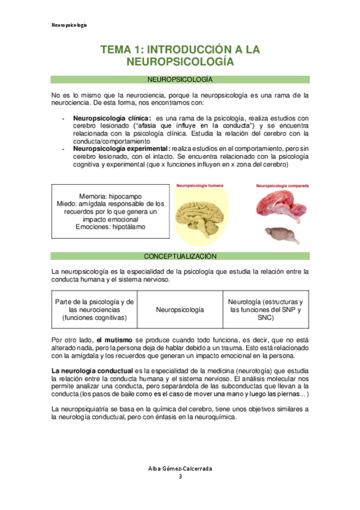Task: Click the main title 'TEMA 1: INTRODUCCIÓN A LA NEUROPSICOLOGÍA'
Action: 180,55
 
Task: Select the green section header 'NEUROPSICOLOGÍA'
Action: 180,79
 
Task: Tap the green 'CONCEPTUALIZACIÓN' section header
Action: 180,256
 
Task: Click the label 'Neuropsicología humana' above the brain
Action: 199,186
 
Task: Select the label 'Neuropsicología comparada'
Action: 282,186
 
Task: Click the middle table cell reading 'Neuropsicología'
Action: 180,309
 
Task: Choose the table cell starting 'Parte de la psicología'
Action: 94,309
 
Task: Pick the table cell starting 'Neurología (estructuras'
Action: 265,309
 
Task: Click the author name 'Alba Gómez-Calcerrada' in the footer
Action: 180,469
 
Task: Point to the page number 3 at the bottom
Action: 180,477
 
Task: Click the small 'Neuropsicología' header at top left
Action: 69,25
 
